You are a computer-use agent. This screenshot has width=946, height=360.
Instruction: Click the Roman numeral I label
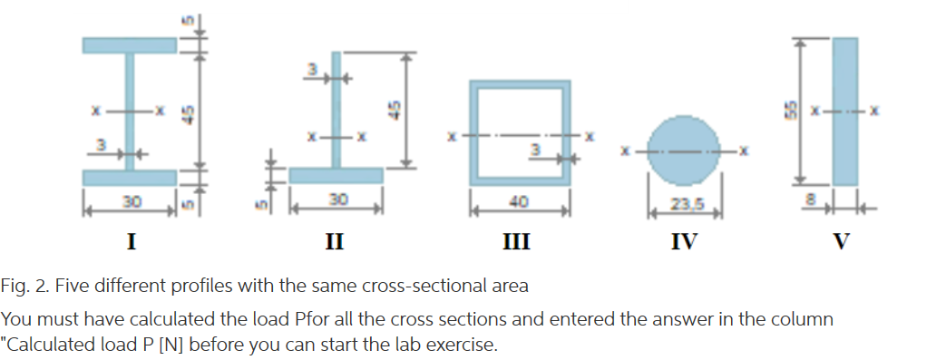point(131,241)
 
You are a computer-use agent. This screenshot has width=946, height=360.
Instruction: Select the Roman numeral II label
point(335,241)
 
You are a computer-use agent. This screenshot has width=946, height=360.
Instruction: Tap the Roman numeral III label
point(518,241)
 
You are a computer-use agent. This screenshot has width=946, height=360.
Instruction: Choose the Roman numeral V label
point(843,241)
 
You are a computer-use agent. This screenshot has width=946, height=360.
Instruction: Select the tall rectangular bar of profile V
point(844,111)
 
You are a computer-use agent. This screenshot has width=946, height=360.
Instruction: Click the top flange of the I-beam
point(130,44)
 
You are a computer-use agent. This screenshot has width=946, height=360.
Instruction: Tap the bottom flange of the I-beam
point(130,177)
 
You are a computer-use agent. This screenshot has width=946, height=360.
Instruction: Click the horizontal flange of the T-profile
point(335,175)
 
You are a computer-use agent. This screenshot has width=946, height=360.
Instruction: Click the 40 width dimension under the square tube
point(519,201)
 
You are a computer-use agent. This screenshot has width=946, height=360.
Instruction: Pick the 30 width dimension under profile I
point(130,199)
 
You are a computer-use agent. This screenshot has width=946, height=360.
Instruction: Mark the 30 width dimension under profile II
point(335,199)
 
